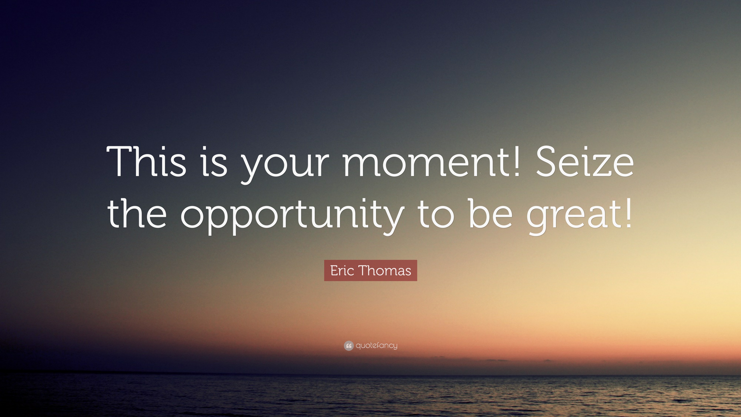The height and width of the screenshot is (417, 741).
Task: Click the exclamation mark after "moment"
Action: click(x=517, y=160)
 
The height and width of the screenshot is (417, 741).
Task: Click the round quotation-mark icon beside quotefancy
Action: click(x=349, y=346)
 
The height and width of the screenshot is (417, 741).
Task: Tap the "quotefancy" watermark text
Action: click(x=376, y=346)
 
